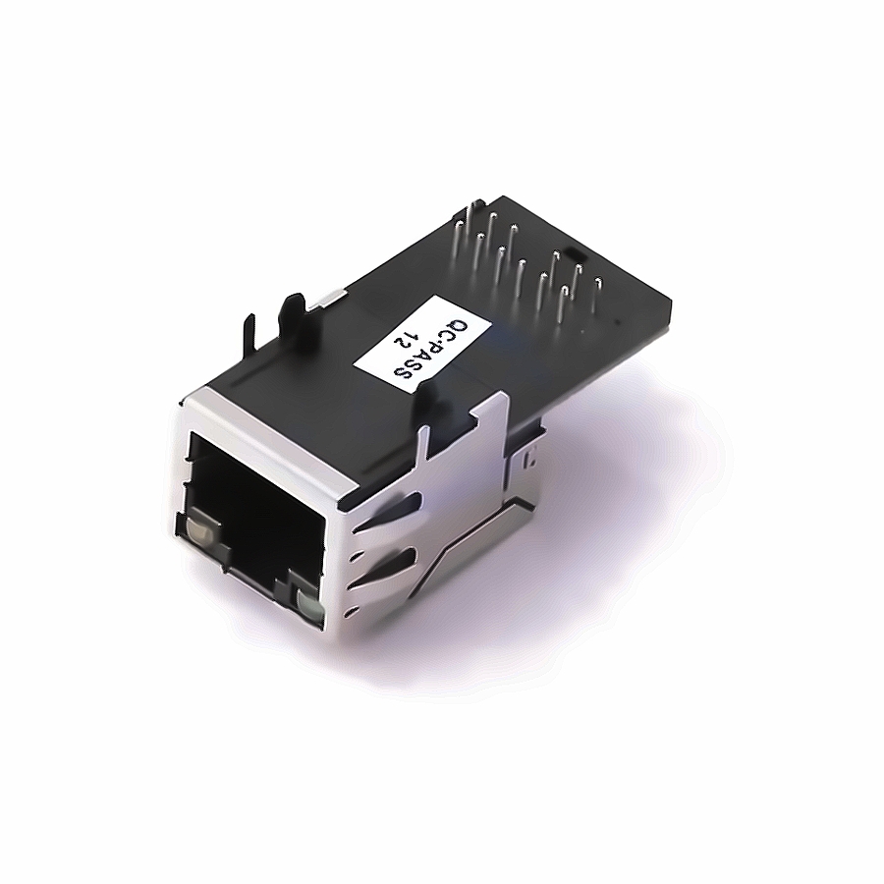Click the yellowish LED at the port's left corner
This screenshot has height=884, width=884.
pyautogui.click(x=199, y=530)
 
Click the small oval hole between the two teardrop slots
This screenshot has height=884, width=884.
pyautogui.click(x=354, y=558)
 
